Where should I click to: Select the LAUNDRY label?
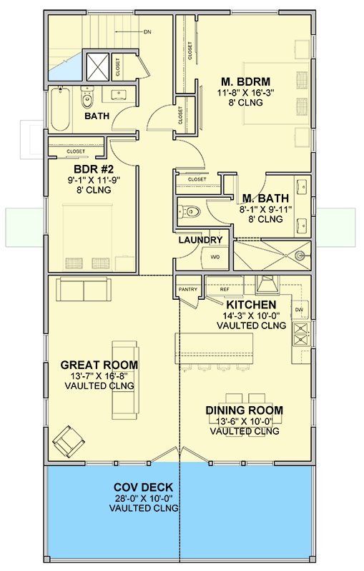200,241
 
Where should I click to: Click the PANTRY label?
187,289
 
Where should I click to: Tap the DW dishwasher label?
299,310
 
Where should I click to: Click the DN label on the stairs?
147,32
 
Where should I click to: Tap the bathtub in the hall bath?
60,109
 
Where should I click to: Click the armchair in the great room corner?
68,440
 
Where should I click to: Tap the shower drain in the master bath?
300,253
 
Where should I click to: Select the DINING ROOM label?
244,410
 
